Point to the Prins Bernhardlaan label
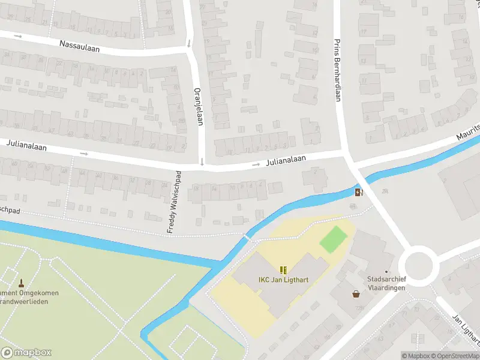click(x=337, y=70)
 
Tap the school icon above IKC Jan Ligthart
click(x=283, y=270)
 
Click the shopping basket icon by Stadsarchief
click(x=356, y=294)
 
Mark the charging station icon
click(x=359, y=193)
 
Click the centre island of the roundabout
click(x=418, y=264)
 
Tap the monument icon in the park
click(x=21, y=283)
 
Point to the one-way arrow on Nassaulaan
click(x=18, y=36)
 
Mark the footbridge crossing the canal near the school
click(x=247, y=238)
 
